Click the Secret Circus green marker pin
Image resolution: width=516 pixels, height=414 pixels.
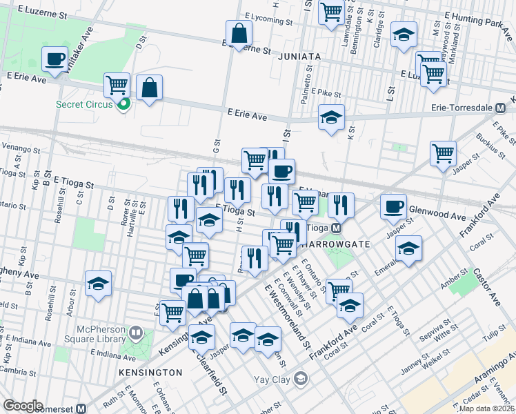(124, 105)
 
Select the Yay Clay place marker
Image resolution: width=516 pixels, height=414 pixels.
(300, 377)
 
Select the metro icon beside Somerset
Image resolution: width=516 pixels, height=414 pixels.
(81, 408)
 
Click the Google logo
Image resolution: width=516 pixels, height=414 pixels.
(23, 406)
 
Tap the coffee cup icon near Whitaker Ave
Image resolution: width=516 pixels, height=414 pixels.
(54, 59)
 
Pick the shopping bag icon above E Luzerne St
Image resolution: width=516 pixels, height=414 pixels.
(238, 33)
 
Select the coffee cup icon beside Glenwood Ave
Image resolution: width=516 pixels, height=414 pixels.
(394, 206)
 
